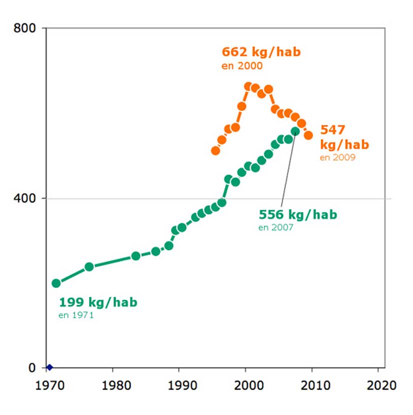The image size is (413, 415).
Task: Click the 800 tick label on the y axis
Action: (x=25, y=28)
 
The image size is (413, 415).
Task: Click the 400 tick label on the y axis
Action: (x=25, y=198)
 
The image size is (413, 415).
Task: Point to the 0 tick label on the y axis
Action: (x=32, y=368)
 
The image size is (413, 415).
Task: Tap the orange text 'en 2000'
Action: (x=242, y=65)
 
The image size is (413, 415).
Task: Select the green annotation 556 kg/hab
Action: (x=298, y=215)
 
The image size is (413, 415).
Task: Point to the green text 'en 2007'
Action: (x=276, y=227)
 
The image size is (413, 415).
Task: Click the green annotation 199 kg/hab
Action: (x=98, y=302)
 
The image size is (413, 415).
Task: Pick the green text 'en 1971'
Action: (x=76, y=315)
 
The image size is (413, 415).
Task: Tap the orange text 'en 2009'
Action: (x=337, y=157)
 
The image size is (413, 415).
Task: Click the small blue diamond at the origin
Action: (x=49, y=367)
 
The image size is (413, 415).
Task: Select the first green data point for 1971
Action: (x=56, y=283)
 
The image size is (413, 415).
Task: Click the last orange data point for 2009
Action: (x=308, y=135)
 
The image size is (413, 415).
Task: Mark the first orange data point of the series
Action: (x=215, y=150)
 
